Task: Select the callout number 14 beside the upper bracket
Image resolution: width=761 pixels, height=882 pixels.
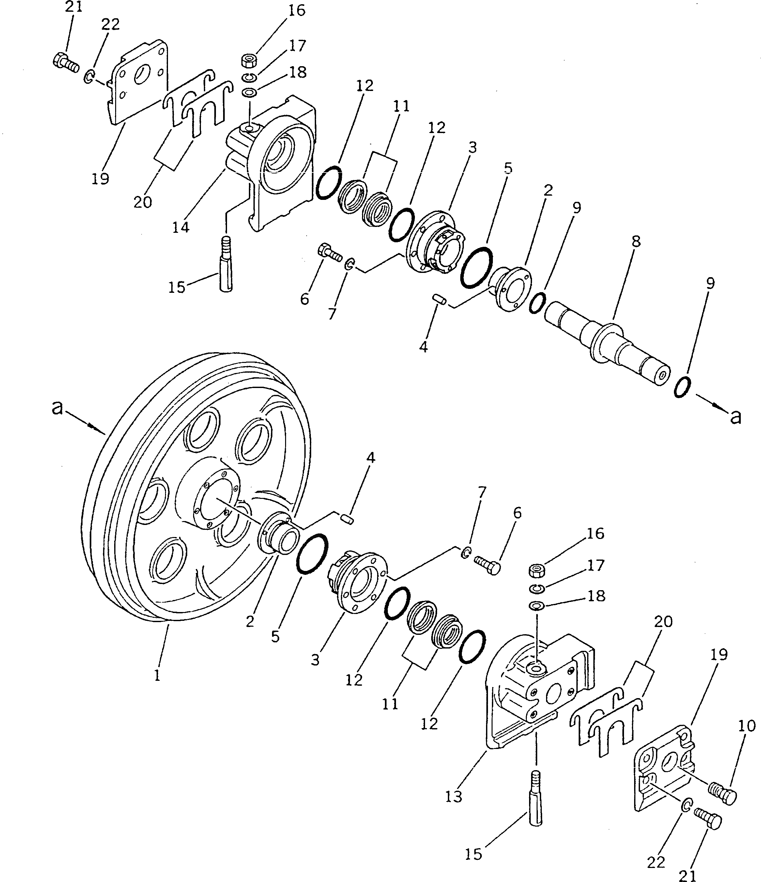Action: pyautogui.click(x=181, y=227)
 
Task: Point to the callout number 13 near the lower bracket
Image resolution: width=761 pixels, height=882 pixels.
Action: pyautogui.click(x=453, y=797)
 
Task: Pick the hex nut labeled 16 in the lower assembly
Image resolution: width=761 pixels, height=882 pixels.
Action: pyautogui.click(x=536, y=570)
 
